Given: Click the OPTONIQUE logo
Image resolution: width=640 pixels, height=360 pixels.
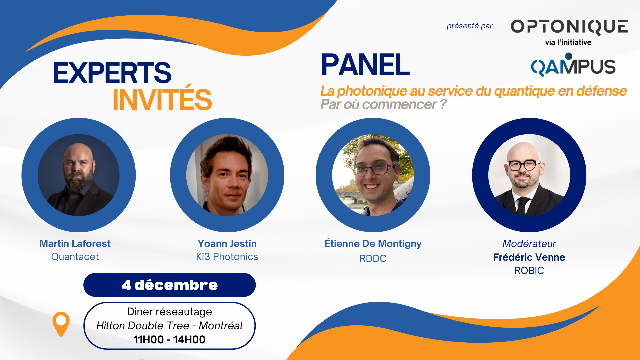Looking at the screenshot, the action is pos(569,27).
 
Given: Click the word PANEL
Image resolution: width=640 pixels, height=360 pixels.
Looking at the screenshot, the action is pos(365,65).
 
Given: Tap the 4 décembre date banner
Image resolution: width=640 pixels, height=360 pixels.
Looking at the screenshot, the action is pos(169,285).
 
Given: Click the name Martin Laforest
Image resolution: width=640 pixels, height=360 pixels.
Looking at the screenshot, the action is pos(75,244).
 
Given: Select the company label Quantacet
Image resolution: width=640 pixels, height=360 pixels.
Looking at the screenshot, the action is pos(75,257).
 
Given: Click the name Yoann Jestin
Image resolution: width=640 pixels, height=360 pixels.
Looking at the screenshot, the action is pos(227,244).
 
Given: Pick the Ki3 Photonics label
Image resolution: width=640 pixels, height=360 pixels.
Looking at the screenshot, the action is pos(227,257).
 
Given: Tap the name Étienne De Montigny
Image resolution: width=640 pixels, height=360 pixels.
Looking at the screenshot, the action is pos(373,244).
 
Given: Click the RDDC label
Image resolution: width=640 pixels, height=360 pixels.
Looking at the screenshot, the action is pos(373,258).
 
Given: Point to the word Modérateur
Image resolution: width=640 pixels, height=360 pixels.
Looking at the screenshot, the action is pos(529,244).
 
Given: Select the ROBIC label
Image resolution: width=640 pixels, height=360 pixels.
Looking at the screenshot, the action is pos(529,270).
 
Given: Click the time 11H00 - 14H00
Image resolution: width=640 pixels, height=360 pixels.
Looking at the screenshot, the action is pos(169,340).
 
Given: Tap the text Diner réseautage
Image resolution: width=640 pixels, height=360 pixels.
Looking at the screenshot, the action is pos(169,312).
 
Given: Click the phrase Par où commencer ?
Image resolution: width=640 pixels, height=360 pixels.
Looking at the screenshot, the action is pos(383,104).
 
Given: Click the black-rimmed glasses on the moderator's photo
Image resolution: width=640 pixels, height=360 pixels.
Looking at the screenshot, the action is pos(524,165).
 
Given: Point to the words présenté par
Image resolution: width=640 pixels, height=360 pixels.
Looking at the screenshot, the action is pos(470,26).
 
